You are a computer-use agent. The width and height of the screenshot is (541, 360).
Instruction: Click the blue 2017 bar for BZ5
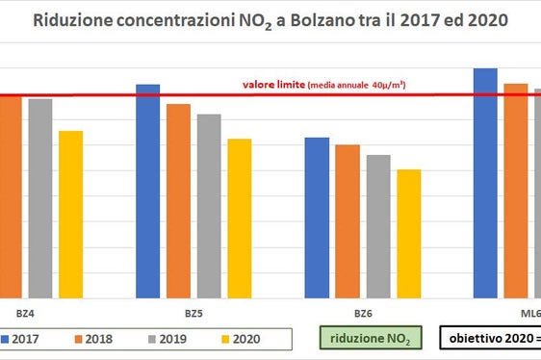coord(147,192)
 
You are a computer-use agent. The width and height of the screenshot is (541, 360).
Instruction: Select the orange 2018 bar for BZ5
coord(178,201)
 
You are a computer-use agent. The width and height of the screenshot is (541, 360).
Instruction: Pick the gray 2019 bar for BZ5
coord(209,206)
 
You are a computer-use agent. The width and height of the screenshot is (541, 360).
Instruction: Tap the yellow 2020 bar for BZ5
coord(240,219)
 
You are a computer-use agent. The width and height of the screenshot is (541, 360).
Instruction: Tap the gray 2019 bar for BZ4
coord(39,198)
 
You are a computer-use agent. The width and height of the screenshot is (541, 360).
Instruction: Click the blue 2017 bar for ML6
coord(485,183)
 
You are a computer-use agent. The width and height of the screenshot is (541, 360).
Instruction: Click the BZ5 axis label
coord(193,314)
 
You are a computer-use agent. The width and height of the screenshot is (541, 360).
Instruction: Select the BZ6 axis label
coord(363,314)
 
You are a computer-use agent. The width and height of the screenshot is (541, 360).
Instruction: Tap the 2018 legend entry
coord(97,340)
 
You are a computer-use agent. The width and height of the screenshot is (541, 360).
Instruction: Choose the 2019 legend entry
coord(169,340)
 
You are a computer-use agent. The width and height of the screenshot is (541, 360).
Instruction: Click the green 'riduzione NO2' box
coord(369,340)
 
